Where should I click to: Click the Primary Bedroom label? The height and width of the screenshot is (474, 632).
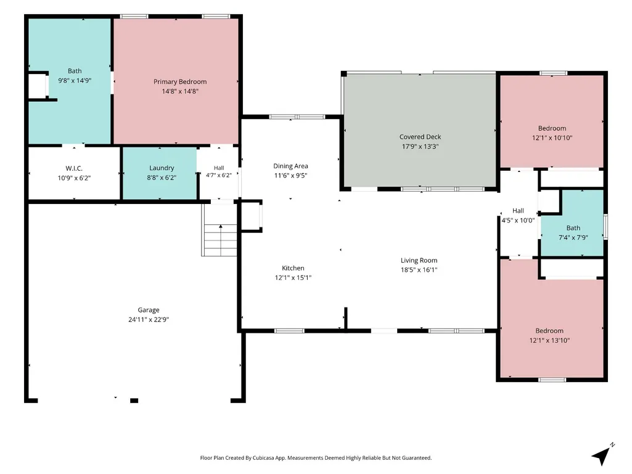click(180, 81)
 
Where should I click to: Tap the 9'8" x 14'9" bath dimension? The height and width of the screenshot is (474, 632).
click(75, 81)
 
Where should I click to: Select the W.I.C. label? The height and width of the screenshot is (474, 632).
click(74, 168)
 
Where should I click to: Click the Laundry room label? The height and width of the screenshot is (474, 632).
click(161, 168)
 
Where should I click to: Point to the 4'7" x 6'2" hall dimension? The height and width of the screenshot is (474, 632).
click(219, 175)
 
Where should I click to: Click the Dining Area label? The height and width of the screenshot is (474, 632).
click(290, 166)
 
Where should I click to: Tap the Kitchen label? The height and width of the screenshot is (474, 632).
click(293, 268)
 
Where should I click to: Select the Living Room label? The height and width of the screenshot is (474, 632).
click(419, 260)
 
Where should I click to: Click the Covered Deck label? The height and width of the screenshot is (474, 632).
click(420, 137)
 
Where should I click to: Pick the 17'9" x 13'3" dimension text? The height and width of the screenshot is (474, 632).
click(420, 146)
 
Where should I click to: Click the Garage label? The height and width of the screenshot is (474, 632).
click(149, 310)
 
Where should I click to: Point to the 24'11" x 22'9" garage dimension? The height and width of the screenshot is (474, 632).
click(149, 320)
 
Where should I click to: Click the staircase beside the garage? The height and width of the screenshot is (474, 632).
click(220, 240)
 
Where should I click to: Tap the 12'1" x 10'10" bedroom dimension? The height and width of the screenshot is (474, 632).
click(552, 138)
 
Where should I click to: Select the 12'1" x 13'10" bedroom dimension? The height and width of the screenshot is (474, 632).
click(549, 340)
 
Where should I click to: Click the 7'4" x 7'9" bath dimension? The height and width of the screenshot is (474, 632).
click(573, 237)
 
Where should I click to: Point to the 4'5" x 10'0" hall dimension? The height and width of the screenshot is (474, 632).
click(518, 220)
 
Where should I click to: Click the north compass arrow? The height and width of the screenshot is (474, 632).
click(602, 456)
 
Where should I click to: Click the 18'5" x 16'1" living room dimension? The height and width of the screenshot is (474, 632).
click(419, 270)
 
